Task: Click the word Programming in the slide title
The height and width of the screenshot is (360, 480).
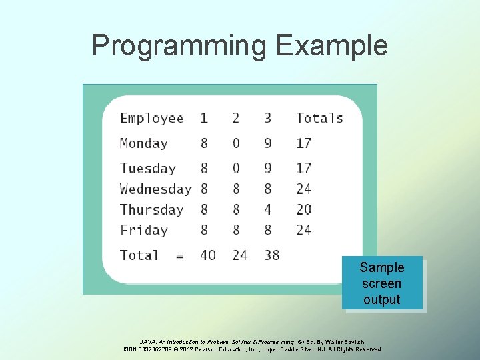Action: (x=179, y=46)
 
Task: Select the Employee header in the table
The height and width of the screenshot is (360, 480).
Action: (x=151, y=119)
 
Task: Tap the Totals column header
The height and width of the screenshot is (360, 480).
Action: (x=319, y=118)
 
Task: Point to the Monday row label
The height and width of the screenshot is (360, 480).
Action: (x=143, y=143)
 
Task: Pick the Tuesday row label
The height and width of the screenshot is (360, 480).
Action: (x=147, y=169)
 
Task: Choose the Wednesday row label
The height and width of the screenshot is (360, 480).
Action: (x=155, y=189)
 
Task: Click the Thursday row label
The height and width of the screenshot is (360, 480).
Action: (x=151, y=209)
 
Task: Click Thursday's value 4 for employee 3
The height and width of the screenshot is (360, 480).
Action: (x=268, y=209)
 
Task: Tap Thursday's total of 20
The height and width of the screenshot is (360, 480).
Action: (x=304, y=209)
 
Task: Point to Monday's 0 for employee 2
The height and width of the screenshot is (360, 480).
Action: (x=236, y=143)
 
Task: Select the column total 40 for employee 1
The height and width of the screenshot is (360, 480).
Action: (x=208, y=255)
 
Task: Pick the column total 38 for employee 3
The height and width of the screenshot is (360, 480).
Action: (x=271, y=255)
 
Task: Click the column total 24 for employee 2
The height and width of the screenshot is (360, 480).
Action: (x=239, y=255)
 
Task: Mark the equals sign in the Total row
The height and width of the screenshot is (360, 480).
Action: (x=179, y=256)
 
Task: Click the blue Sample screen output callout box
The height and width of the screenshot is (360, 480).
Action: (x=382, y=283)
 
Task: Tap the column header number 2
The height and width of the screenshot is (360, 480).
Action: (x=236, y=118)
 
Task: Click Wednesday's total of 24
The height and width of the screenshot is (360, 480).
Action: (x=304, y=189)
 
